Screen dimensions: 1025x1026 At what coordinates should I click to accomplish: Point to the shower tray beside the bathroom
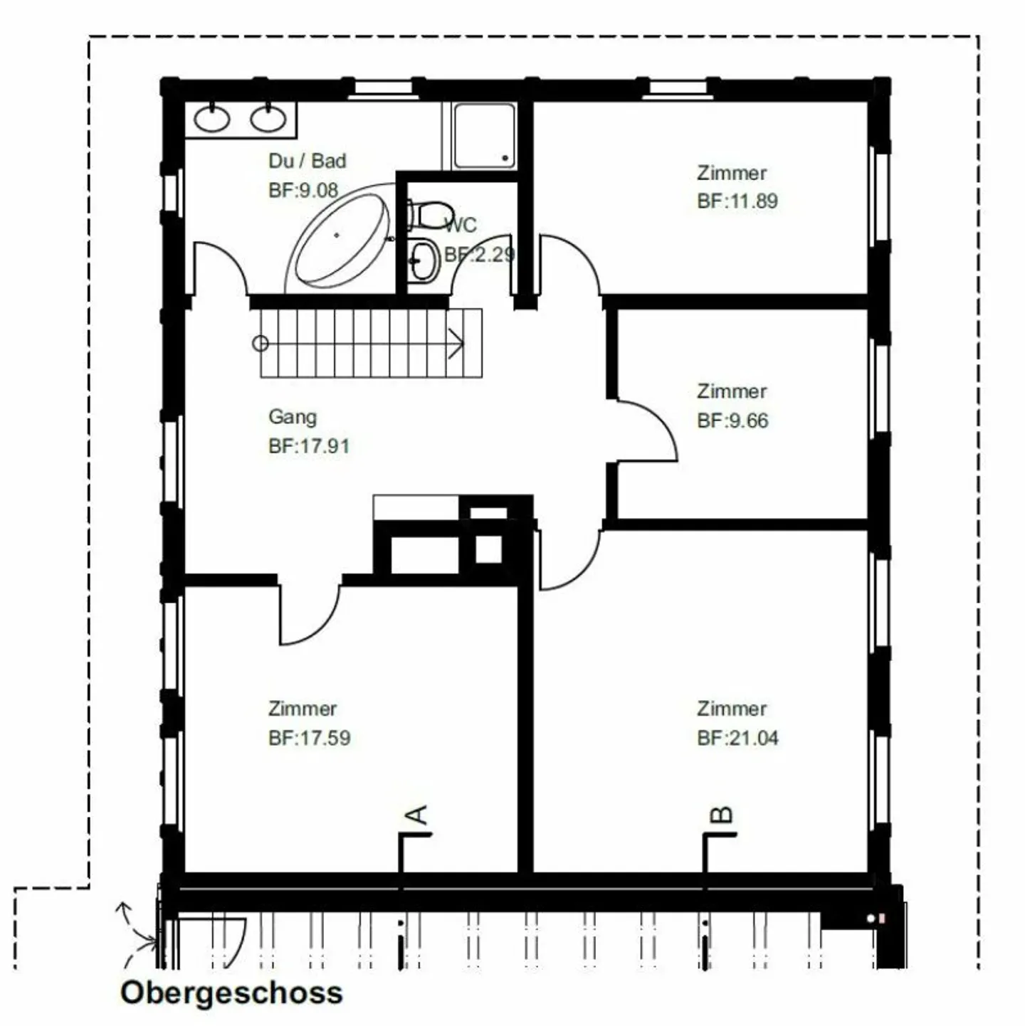pyautogui.click(x=484, y=136)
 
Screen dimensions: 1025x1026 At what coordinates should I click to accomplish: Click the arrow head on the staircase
pyautogui.click(x=456, y=344)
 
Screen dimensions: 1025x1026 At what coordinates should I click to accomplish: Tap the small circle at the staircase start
pyautogui.click(x=260, y=344)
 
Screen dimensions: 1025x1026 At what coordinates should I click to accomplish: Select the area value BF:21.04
pyautogui.click(x=737, y=738)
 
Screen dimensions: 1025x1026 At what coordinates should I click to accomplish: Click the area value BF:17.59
pyautogui.click(x=310, y=738)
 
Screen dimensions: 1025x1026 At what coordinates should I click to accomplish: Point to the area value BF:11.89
pyautogui.click(x=737, y=201)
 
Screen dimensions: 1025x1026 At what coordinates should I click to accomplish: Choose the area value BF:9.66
pyautogui.click(x=732, y=421)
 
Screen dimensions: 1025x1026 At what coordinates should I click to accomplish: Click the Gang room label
pyautogui.click(x=293, y=417)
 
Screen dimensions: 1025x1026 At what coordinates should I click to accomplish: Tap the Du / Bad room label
pyautogui.click(x=307, y=161)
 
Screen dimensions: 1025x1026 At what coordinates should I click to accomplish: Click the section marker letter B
pyautogui.click(x=722, y=815)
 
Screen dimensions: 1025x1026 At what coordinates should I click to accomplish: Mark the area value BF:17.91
pyautogui.click(x=309, y=445)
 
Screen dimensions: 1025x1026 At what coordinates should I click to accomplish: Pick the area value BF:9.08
pyautogui.click(x=303, y=190)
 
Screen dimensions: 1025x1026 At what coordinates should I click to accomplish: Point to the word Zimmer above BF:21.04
pyautogui.click(x=732, y=709)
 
